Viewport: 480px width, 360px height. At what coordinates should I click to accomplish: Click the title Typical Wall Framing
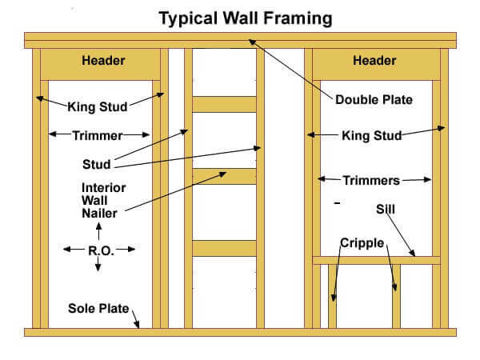pos(246,18)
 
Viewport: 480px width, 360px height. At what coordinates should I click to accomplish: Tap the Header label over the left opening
pos(103,60)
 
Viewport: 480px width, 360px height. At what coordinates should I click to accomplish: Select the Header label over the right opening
pos(374,60)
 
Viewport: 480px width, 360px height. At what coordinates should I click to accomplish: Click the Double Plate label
pos(374,99)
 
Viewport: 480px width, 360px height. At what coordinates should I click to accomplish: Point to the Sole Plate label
pos(98,308)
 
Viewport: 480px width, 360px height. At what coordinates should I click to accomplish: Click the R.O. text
pos(101,250)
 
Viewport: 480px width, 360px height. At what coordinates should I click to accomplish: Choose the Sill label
pos(385,209)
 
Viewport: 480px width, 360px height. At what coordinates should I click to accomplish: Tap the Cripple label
pos(362,243)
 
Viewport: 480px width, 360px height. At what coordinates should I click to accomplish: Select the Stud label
pos(97,164)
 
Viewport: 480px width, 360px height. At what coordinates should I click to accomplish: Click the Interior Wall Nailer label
pos(103,201)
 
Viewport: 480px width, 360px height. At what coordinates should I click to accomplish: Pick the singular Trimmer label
pos(98,136)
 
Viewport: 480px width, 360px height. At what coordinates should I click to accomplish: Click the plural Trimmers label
pos(371,180)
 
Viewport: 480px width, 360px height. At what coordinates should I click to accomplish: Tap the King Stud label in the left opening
pos(98,107)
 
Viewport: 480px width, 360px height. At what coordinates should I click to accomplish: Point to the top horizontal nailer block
pos(224,104)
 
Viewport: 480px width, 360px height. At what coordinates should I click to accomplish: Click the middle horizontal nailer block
pos(224,176)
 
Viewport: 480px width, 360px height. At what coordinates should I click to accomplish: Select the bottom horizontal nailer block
pos(224,248)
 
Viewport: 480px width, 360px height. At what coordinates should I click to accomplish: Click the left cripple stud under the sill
pos(332,296)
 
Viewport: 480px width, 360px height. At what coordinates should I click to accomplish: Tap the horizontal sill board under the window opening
pos(376,260)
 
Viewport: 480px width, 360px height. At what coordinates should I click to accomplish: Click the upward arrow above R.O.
pos(98,231)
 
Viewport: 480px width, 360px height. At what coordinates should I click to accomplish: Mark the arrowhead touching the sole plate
pos(137,325)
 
